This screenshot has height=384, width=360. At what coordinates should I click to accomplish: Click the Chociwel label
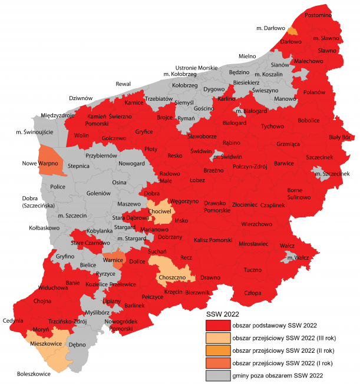coord(159,211)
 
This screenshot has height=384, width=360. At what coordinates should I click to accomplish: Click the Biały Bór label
coord(339,137)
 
